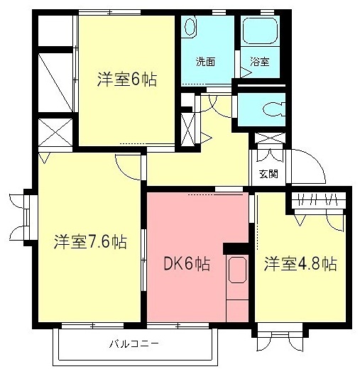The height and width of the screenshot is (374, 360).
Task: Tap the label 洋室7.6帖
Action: coord(90,243)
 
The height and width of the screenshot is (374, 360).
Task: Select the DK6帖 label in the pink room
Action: coord(187,264)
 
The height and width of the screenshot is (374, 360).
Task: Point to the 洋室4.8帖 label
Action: coord(300,264)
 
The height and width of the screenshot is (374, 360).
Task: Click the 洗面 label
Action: coord(206,62)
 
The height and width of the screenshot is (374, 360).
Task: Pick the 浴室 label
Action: coord(259,62)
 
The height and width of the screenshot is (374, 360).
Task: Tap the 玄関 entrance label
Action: coord(268,174)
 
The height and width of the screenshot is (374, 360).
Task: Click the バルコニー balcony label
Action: coord(133,345)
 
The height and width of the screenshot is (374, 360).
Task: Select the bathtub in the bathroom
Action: coord(261,31)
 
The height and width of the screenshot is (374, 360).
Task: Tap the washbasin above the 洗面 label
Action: coord(190,26)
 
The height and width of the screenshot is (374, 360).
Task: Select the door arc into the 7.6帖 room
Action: coord(129,167)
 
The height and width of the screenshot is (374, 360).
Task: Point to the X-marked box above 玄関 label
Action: coord(268,138)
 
